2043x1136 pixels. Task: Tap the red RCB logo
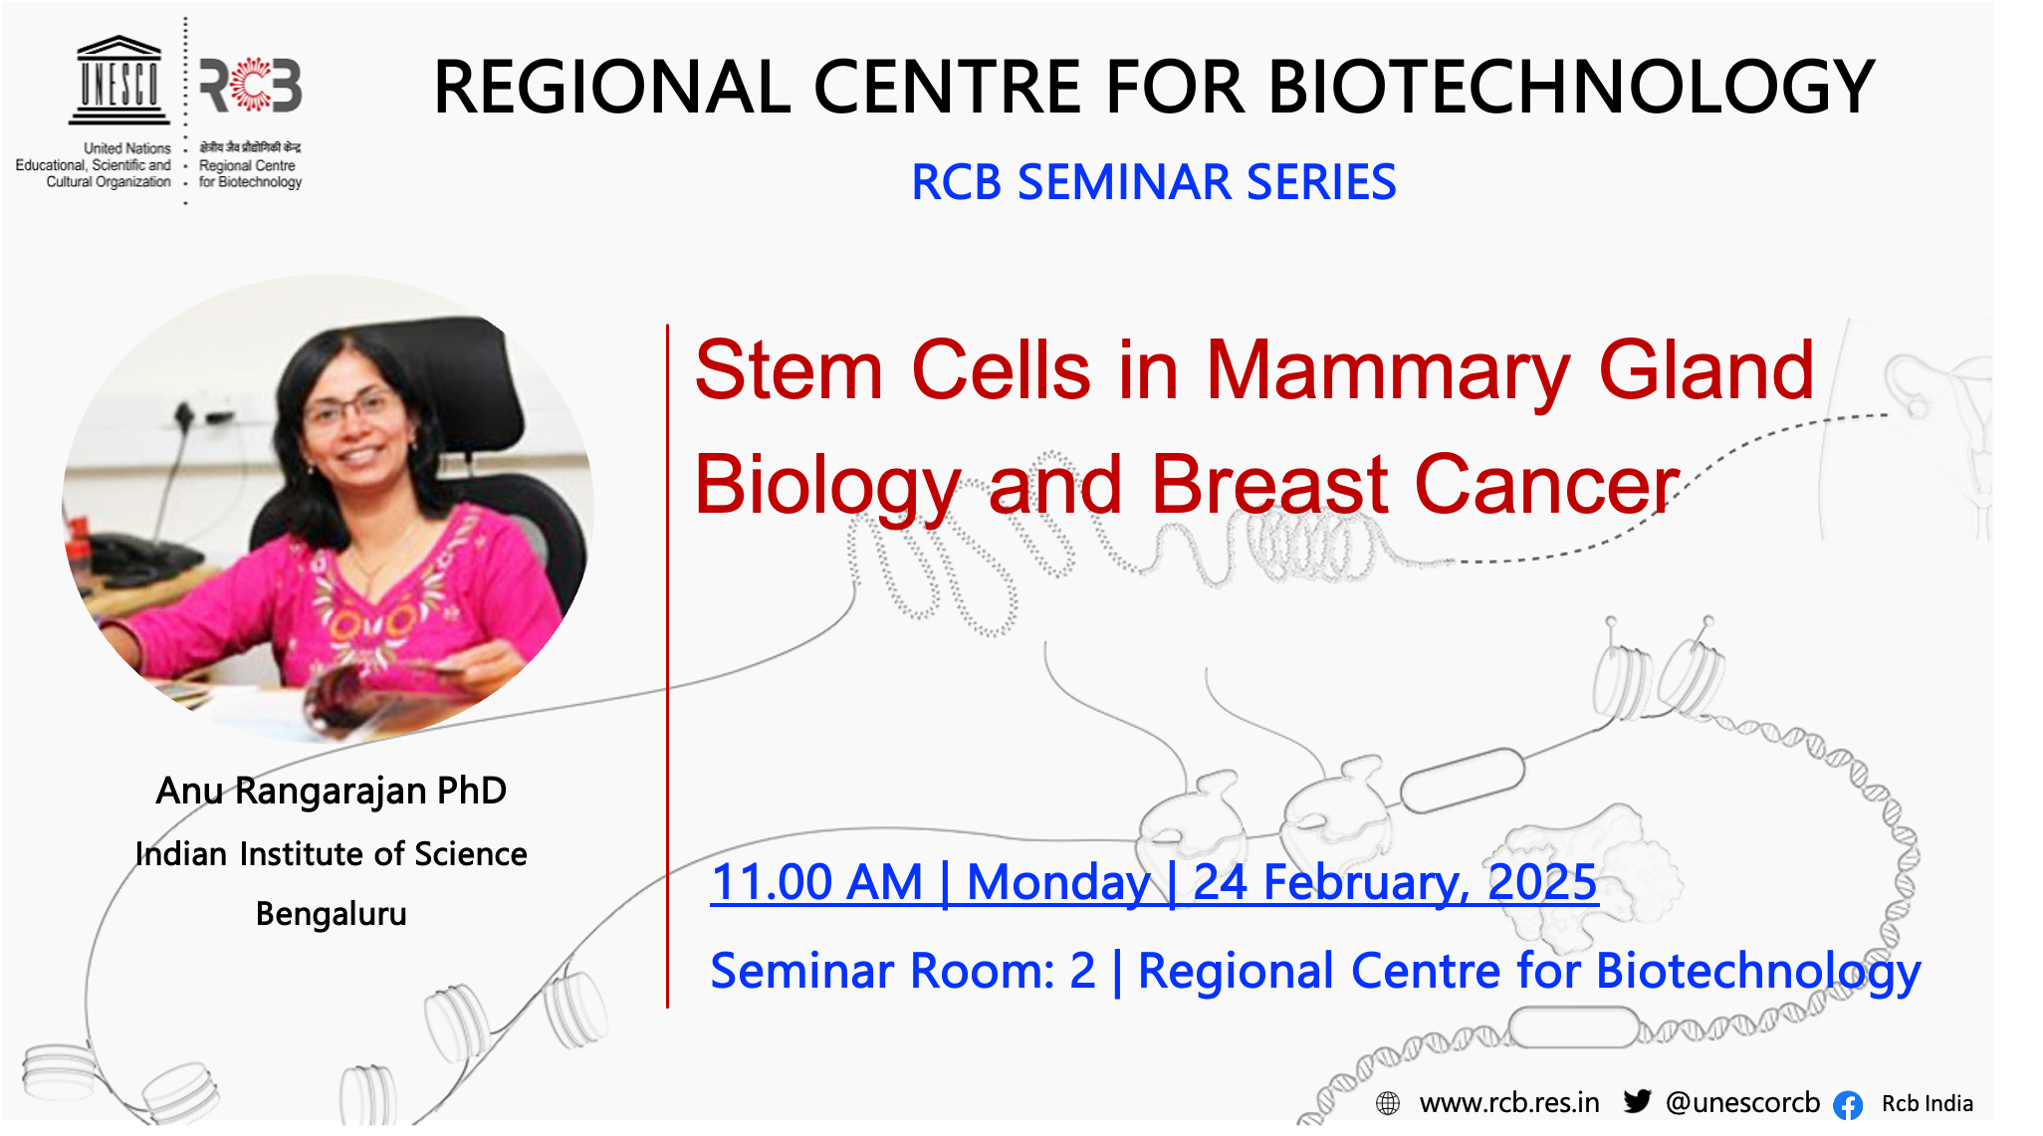click(x=251, y=86)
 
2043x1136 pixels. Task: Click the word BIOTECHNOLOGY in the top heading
click(x=1572, y=87)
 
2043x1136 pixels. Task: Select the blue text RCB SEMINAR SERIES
click(x=1154, y=182)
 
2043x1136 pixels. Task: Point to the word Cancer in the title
click(x=1547, y=485)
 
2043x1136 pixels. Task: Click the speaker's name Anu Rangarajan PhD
click(x=332, y=791)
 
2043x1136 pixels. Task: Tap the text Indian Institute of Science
click(x=332, y=853)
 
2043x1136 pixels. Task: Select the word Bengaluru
click(x=332, y=914)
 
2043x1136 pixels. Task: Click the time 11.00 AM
click(x=817, y=882)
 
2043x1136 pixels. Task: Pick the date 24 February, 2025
click(x=1395, y=883)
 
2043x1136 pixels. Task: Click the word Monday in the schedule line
click(x=1058, y=883)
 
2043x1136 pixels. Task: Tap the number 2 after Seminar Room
click(x=1082, y=971)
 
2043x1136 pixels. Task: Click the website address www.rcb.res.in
click(x=1509, y=1103)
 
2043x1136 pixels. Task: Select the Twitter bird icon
click(x=1638, y=1101)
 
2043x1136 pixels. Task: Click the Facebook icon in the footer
click(x=1848, y=1105)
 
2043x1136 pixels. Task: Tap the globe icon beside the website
click(x=1388, y=1103)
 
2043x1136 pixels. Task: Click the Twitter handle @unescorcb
click(x=1742, y=1103)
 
